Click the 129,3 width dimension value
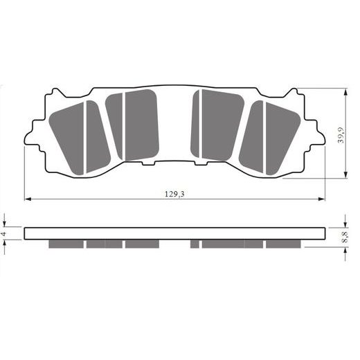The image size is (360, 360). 174,194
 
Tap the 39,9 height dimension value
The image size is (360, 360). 340,133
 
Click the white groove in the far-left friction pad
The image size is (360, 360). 84,137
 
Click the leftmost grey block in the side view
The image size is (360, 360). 66,244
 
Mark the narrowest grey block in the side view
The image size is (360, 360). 195,244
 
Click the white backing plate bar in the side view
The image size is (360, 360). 174,233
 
